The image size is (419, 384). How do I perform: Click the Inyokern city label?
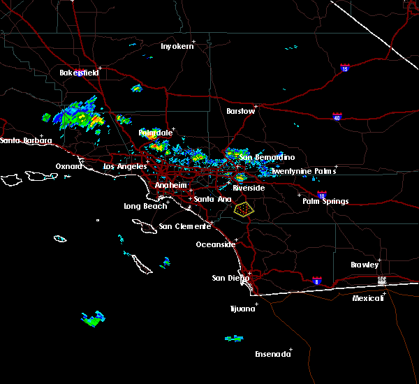click(175, 46)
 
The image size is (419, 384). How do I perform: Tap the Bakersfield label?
click(79, 73)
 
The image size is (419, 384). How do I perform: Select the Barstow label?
click(240, 111)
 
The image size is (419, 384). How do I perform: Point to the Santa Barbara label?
click(26, 140)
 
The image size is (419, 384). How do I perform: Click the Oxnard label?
click(70, 166)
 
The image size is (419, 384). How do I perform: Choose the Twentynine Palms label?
click(304, 171)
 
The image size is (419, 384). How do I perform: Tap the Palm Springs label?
click(325, 201)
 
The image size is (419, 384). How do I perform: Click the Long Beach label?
click(145, 206)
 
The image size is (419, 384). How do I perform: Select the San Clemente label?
click(184, 226)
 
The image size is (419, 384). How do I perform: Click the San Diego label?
click(230, 278)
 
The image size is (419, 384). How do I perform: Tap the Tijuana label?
click(244, 308)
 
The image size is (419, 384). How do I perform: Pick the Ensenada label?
click(272, 354)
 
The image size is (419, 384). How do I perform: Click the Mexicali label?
click(368, 298)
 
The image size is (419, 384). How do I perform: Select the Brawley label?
click(365, 265)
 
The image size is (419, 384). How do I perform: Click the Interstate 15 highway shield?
click(345, 68)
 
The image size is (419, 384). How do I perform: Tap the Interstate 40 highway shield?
click(337, 117)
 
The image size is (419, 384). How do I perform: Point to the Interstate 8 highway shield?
click(317, 280)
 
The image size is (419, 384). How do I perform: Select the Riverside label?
click(249, 189)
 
